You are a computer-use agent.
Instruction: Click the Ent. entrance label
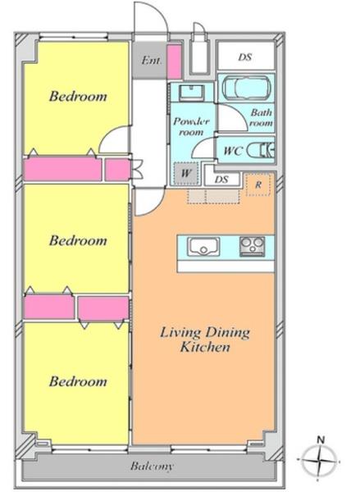(x=151, y=60)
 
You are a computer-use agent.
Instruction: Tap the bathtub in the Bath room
(x=246, y=87)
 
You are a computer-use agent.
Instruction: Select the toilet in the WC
(x=261, y=150)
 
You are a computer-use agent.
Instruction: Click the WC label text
(x=233, y=151)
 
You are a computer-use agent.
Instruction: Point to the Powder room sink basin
(x=191, y=92)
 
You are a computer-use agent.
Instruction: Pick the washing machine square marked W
(x=186, y=173)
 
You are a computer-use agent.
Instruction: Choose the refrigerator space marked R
(x=258, y=184)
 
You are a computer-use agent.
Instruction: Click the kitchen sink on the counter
(x=203, y=246)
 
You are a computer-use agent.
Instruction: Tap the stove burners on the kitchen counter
(x=252, y=246)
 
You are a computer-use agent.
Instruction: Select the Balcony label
(x=152, y=467)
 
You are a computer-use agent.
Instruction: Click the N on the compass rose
(x=321, y=440)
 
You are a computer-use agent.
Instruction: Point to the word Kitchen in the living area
(x=205, y=347)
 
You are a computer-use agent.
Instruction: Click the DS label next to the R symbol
(x=221, y=180)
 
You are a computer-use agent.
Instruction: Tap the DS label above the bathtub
(x=245, y=57)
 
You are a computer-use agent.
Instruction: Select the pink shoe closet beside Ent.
(x=174, y=61)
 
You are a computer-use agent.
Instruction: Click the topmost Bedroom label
(x=78, y=96)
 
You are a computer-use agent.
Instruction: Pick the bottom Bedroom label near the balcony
(x=78, y=381)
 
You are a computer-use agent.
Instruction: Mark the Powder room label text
(x=191, y=126)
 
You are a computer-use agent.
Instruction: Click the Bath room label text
(x=261, y=117)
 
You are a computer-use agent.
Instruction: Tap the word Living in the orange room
(x=180, y=333)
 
